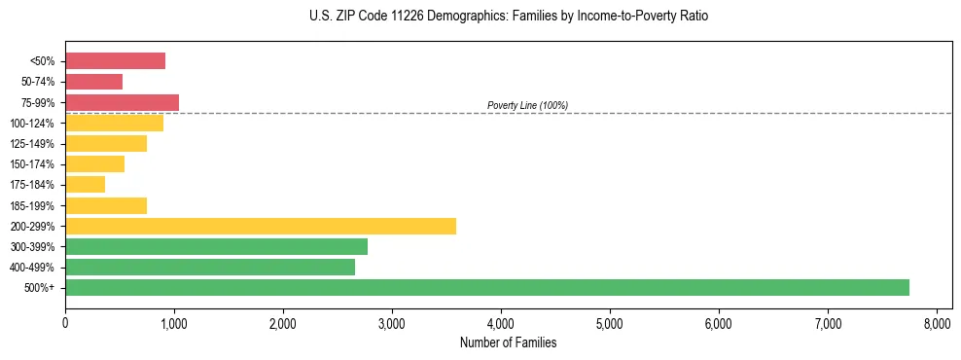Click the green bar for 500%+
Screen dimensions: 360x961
coord(486,287)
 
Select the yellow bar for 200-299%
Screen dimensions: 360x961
coord(260,226)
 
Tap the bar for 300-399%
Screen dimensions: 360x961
coord(216,246)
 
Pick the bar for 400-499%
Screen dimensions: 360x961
coord(209,267)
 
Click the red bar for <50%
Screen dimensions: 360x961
coord(115,60)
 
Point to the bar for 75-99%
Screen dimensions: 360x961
coord(122,102)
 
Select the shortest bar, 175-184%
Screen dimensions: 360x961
coord(85,184)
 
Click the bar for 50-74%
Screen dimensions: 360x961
coord(93,82)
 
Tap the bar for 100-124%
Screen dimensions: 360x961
coord(114,123)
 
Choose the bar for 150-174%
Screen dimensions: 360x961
coord(94,163)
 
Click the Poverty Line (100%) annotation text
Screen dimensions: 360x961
coord(527,105)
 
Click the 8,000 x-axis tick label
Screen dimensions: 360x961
coord(937,323)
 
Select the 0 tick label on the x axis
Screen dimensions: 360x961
coord(65,323)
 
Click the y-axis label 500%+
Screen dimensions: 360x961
coord(40,288)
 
